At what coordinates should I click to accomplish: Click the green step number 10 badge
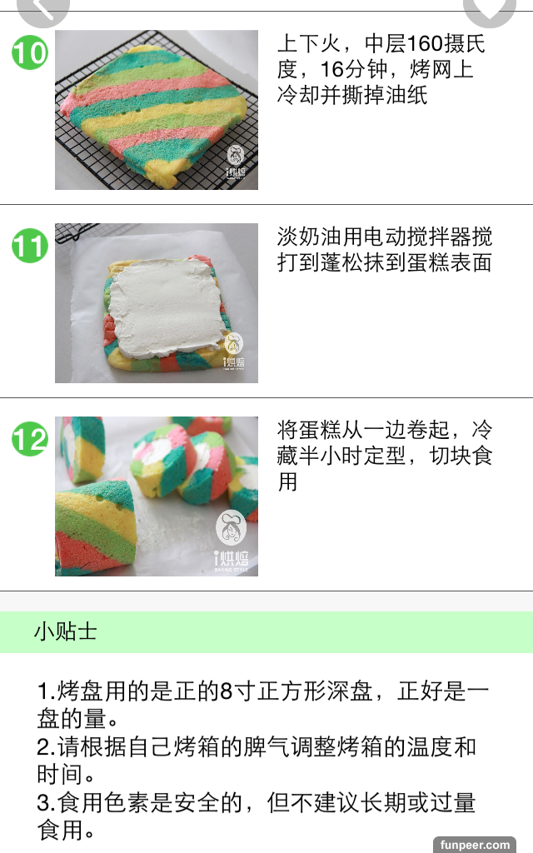[x=30, y=52]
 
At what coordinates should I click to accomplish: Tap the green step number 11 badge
[x=30, y=246]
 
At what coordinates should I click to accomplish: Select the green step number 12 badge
[x=30, y=439]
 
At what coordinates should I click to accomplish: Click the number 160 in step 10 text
[x=425, y=43]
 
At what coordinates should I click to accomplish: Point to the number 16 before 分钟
[x=332, y=70]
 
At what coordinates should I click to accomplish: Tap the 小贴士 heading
[x=65, y=631]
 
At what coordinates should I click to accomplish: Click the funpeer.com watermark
[x=475, y=845]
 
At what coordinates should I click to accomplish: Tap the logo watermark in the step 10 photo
[x=236, y=162]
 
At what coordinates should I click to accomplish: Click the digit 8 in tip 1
[x=227, y=691]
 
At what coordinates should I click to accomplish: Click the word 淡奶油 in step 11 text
[x=310, y=237]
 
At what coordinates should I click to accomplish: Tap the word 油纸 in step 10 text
[x=406, y=95]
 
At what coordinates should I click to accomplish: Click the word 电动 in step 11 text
[x=385, y=237]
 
